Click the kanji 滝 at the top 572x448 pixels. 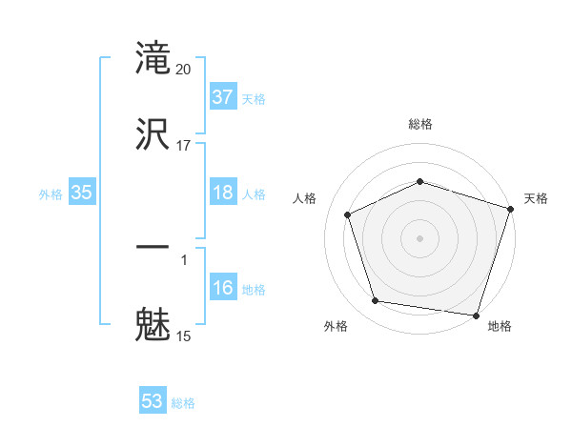click(x=153, y=58)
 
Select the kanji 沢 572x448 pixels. click(x=153, y=132)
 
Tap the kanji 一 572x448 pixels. click(x=153, y=248)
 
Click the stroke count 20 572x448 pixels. click(x=185, y=69)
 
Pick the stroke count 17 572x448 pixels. click(x=185, y=145)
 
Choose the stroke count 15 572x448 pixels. click(x=185, y=335)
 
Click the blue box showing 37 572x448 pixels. click(x=223, y=97)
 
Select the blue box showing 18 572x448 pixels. click(x=223, y=193)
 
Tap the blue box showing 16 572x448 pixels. click(x=223, y=288)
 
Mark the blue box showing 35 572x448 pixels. click(x=82, y=193)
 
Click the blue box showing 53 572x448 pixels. click(x=153, y=401)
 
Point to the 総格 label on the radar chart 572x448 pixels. click(x=420, y=124)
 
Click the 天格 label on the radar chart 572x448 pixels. click(x=536, y=198)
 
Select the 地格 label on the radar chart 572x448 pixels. click(x=500, y=326)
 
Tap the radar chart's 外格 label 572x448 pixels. click(x=336, y=326)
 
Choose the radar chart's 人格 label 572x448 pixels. click(x=305, y=198)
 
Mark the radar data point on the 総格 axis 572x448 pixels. click(x=420, y=181)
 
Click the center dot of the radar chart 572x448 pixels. click(x=420, y=237)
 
